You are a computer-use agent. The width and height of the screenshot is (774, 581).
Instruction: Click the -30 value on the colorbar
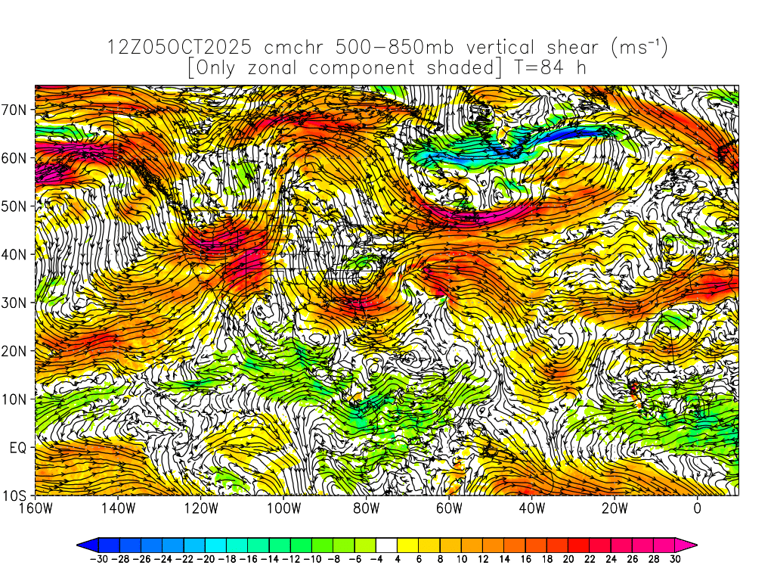pyautogui.click(x=98, y=559)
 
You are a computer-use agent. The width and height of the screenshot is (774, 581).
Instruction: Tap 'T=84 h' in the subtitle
pyautogui.click(x=546, y=68)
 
